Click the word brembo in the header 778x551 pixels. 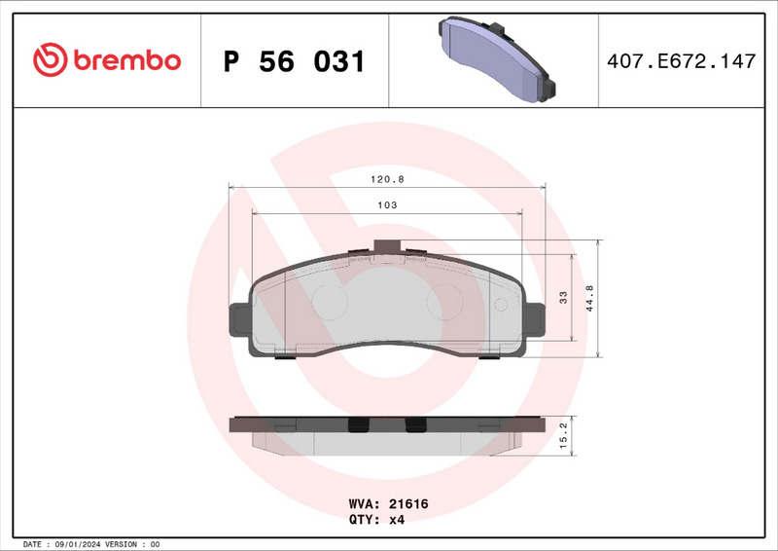[x=124, y=60]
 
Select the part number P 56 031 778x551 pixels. [x=294, y=61]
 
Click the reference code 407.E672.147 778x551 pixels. [x=680, y=61]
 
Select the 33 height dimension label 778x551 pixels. [x=563, y=298]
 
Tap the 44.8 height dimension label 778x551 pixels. [x=589, y=298]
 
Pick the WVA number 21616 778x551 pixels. [x=408, y=504]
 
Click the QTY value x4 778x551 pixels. [x=396, y=520]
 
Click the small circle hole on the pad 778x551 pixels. [x=502, y=305]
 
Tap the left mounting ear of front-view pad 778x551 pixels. [x=238, y=323]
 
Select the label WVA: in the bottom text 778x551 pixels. [x=364, y=504]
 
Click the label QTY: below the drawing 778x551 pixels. [x=364, y=520]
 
